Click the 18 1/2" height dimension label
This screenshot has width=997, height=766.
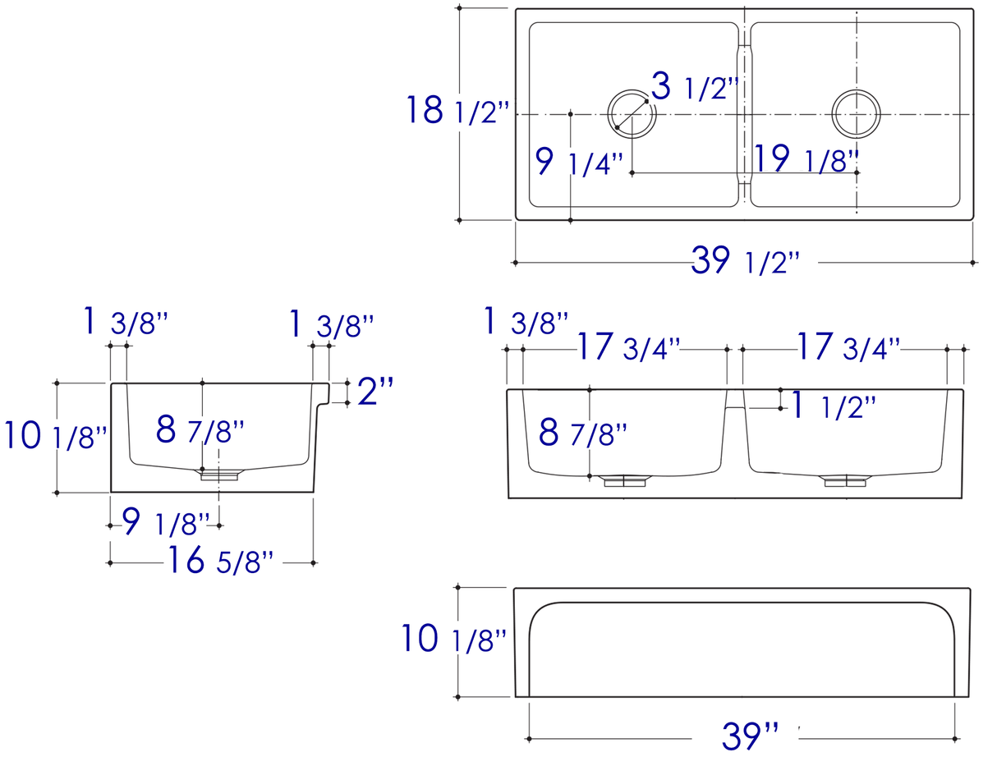tap(457, 110)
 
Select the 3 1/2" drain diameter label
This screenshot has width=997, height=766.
tap(695, 86)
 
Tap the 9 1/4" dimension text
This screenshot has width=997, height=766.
tap(578, 162)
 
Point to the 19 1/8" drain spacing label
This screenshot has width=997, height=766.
tap(806, 158)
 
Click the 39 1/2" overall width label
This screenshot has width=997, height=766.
tap(744, 261)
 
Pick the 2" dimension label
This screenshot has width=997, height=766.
tap(375, 392)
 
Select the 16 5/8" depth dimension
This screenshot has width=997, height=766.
tap(220, 561)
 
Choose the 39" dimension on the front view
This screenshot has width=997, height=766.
tap(750, 736)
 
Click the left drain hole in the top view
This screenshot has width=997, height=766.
tap(632, 113)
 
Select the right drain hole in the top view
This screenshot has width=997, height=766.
tap(856, 113)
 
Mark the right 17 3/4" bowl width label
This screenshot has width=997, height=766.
tap(849, 347)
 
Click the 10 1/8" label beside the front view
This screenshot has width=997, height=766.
tap(453, 639)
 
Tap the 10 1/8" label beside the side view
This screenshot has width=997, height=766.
tap(56, 435)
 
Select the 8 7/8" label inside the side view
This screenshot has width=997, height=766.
tap(200, 429)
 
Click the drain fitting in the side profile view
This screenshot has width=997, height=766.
tap(219, 475)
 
